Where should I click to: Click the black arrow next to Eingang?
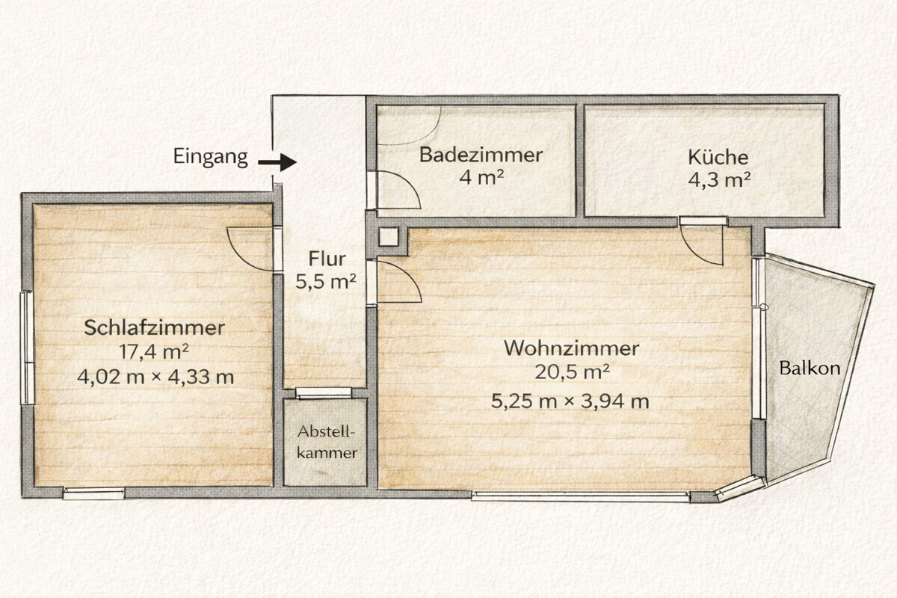(x=277, y=162)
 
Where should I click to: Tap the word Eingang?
(x=211, y=157)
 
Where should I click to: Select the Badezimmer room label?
(x=481, y=155)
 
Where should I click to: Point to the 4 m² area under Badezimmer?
(x=481, y=177)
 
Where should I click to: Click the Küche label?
(x=718, y=157)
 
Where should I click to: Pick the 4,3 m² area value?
(x=719, y=180)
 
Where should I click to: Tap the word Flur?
(x=327, y=259)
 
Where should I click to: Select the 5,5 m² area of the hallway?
(x=326, y=282)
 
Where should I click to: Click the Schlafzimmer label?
(x=154, y=327)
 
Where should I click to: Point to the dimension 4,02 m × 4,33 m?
(x=155, y=377)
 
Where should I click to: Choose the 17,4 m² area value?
(x=154, y=352)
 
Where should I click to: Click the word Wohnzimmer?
(x=571, y=348)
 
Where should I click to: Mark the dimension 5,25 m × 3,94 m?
(x=570, y=401)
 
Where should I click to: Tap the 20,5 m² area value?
(x=573, y=372)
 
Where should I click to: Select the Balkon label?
(x=810, y=368)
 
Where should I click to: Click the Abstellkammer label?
(x=327, y=443)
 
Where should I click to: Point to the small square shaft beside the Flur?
(x=389, y=237)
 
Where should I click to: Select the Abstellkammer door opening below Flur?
(x=324, y=392)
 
